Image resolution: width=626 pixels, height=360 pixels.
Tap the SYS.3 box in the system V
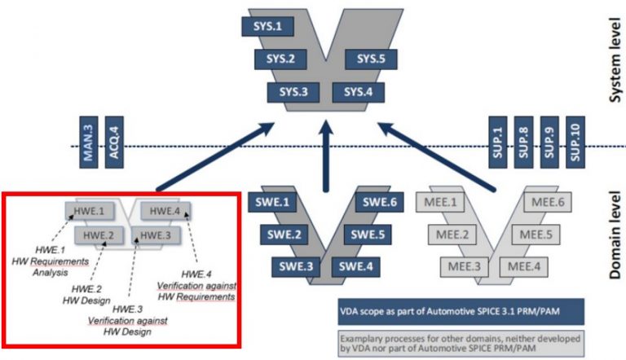(292, 91)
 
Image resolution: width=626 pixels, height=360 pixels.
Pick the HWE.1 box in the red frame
(91, 211)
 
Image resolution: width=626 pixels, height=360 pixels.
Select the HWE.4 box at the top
(165, 211)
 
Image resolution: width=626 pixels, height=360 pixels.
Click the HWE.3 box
(154, 235)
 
